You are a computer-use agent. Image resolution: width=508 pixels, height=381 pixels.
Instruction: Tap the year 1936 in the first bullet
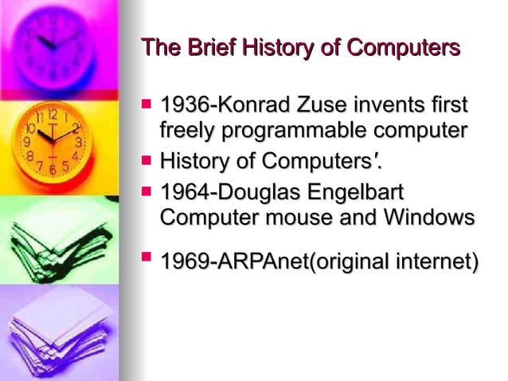(x=183, y=106)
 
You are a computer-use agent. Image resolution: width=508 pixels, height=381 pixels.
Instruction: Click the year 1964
(x=183, y=193)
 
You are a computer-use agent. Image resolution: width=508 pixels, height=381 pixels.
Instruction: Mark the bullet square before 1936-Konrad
(x=146, y=104)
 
